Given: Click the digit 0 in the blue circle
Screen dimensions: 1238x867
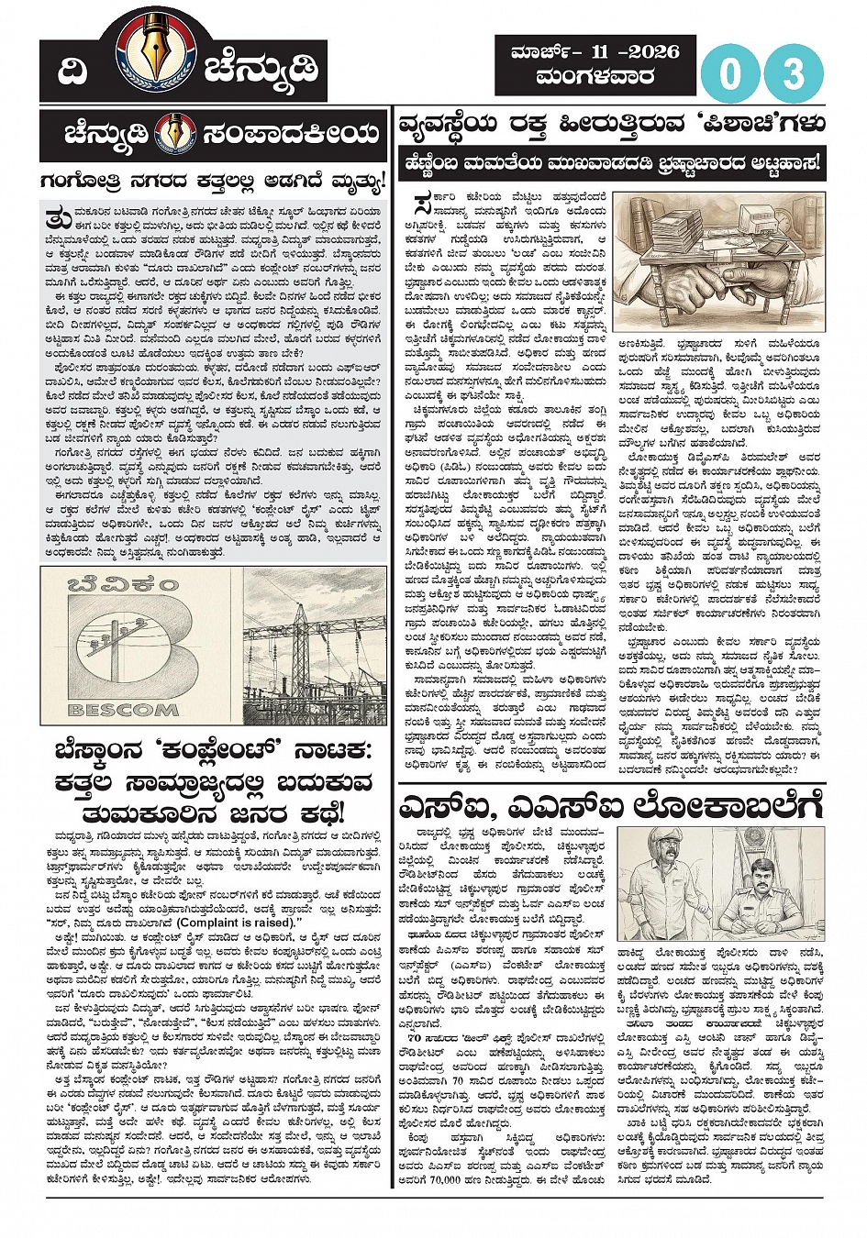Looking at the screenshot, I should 730,74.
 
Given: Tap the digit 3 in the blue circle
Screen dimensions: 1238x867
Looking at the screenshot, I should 795,74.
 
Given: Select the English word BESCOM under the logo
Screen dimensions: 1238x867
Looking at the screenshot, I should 124,709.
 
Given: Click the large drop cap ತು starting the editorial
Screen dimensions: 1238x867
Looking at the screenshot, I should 55,219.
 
